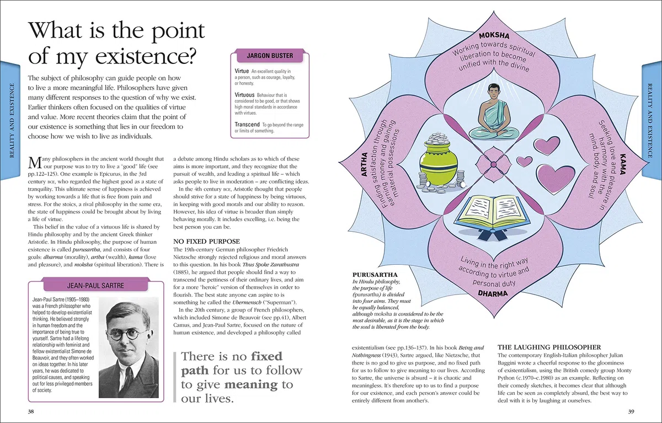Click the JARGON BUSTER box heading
(270, 56)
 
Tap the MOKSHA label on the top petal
(494, 36)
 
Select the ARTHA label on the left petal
(364, 164)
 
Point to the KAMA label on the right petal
(623, 164)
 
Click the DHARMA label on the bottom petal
(493, 293)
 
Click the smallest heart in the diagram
(524, 161)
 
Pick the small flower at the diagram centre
(494, 164)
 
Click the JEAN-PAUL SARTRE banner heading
(95, 286)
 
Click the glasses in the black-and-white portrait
(128, 335)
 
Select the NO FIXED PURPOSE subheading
(206, 242)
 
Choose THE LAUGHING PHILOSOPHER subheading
(549, 347)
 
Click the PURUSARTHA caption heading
(375, 275)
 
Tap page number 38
(31, 411)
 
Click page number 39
(631, 411)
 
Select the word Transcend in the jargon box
(247, 124)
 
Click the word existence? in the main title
(146, 56)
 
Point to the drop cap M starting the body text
(35, 163)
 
